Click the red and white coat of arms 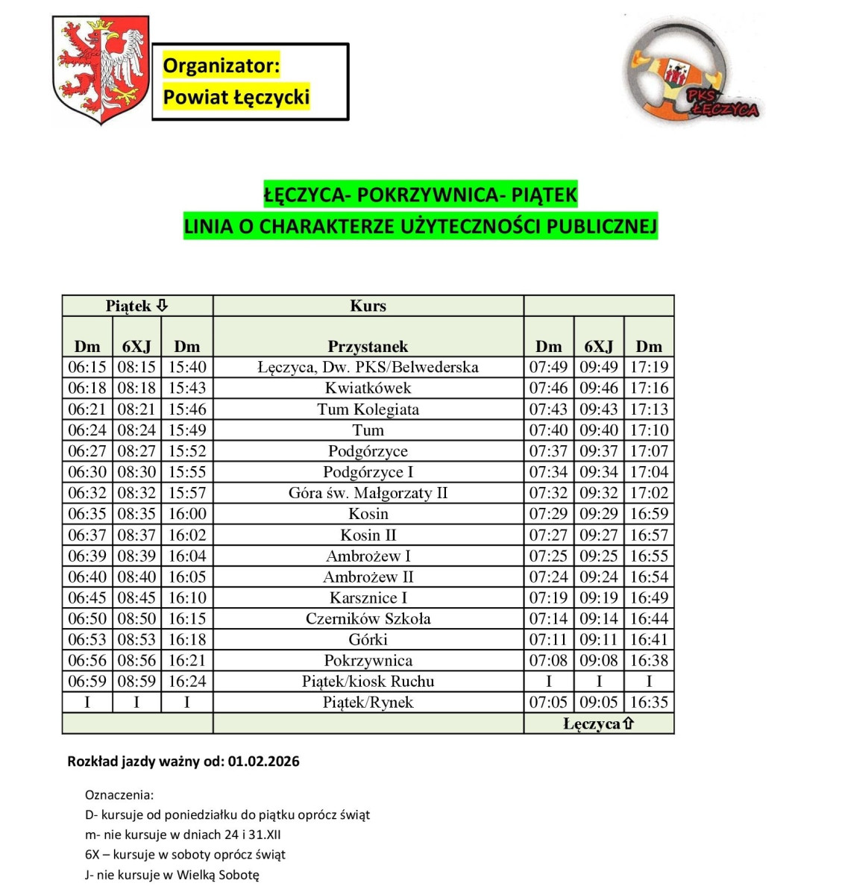pyautogui.click(x=101, y=69)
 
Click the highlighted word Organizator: pyautogui.click(x=221, y=66)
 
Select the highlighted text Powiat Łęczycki pyautogui.click(x=236, y=97)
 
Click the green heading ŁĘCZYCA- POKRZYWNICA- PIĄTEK pyautogui.click(x=421, y=195)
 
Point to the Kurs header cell pyautogui.click(x=368, y=306)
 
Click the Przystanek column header pyautogui.click(x=368, y=346)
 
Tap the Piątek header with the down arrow pyautogui.click(x=137, y=306)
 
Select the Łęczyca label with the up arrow pyautogui.click(x=598, y=723)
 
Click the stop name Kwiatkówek pyautogui.click(x=368, y=388)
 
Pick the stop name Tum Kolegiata pyautogui.click(x=368, y=409)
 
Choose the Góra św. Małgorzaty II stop pyautogui.click(x=368, y=493)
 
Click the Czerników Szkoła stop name pyautogui.click(x=368, y=618)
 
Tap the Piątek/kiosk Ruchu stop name pyautogui.click(x=368, y=681)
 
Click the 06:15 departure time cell pyautogui.click(x=87, y=367)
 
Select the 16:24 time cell pyautogui.click(x=186, y=681)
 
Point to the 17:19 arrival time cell pyautogui.click(x=649, y=367)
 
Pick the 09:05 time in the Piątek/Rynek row pyautogui.click(x=598, y=702)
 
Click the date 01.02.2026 pyautogui.click(x=264, y=761)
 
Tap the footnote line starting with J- pyautogui.click(x=172, y=875)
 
